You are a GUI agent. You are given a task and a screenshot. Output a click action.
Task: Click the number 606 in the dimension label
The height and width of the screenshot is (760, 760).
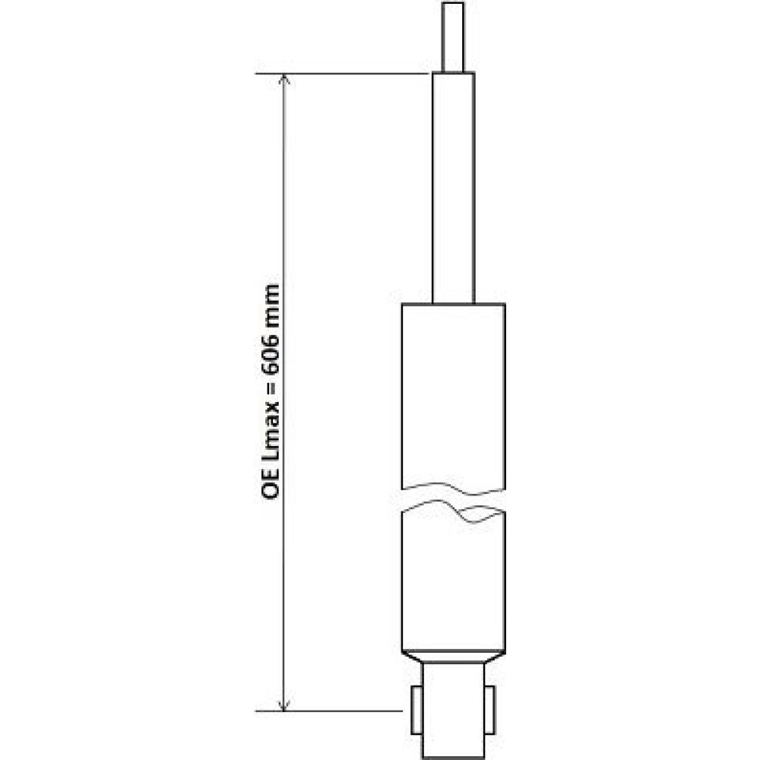(x=271, y=354)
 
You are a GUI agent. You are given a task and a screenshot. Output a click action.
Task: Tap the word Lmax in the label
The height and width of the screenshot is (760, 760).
(x=271, y=433)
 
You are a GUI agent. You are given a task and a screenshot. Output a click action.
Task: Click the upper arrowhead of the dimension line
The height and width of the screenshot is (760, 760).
(x=284, y=80)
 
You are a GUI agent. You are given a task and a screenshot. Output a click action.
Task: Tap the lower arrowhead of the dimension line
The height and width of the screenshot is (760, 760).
(x=284, y=705)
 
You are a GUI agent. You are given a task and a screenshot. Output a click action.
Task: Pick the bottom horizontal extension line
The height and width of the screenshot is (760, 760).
(x=329, y=711)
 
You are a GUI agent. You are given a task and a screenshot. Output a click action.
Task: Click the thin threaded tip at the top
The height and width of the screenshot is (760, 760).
(x=453, y=36)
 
